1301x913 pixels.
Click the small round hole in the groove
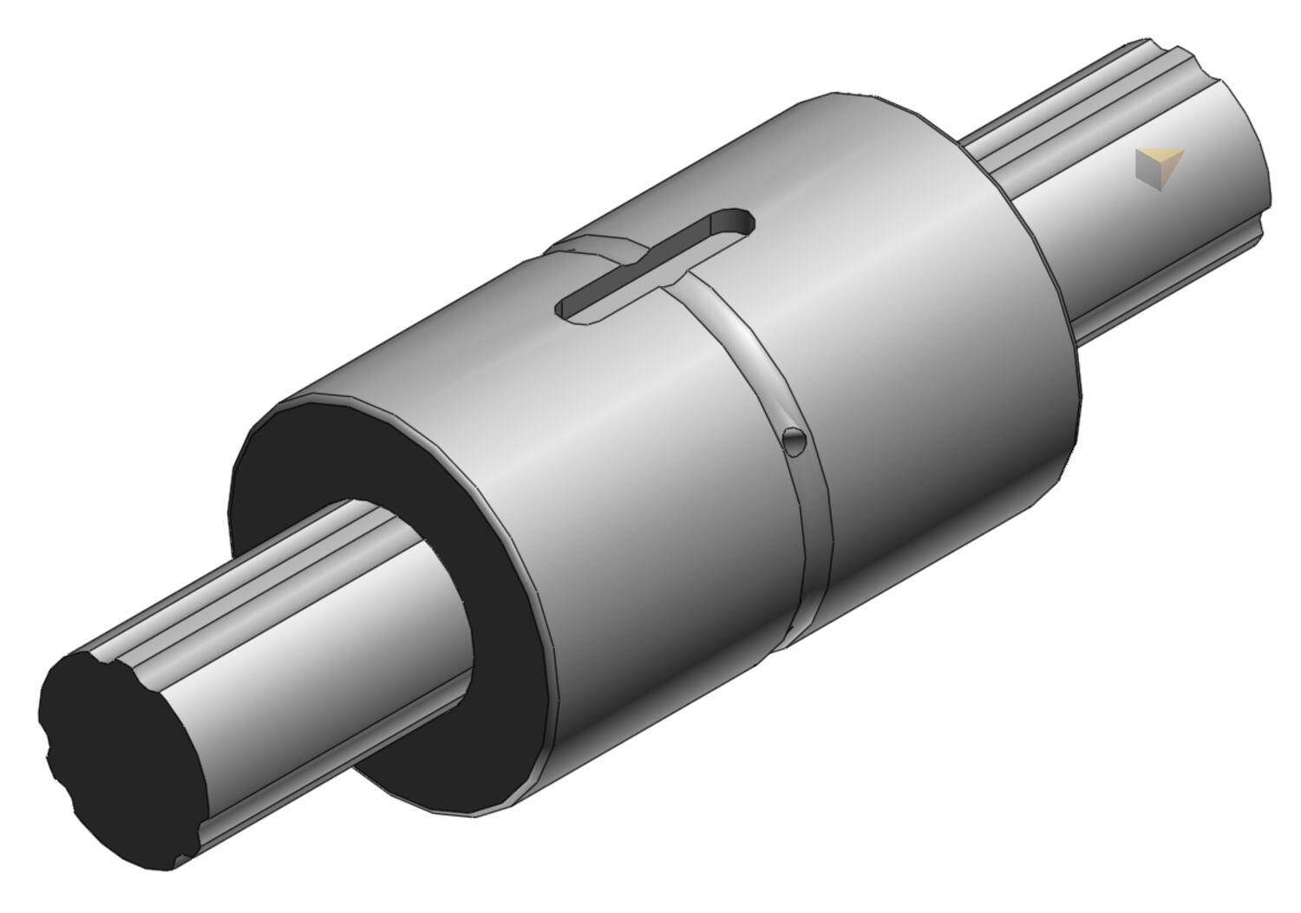pyautogui.click(x=794, y=440)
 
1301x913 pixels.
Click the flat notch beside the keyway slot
pyautogui.click(x=590, y=245)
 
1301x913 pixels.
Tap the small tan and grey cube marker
pyautogui.click(x=1159, y=168)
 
